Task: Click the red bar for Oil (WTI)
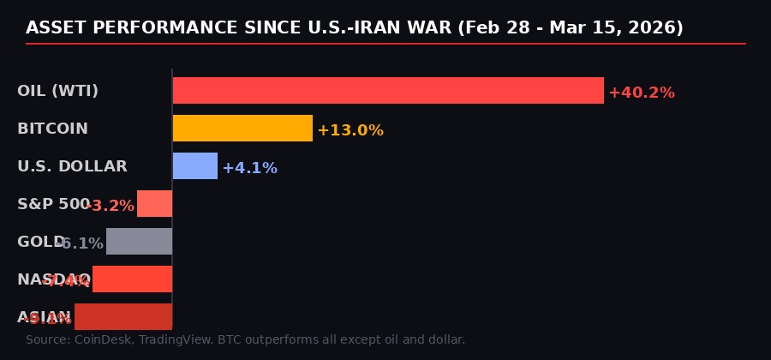[x=388, y=91]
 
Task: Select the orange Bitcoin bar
[x=242, y=129]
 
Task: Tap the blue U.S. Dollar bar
[x=195, y=166]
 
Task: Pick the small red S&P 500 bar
[x=155, y=204]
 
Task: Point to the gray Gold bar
[x=140, y=242]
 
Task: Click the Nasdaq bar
[x=133, y=279]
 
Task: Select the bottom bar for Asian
[x=123, y=316]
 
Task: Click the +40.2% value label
[x=641, y=93]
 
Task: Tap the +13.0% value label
[x=350, y=130]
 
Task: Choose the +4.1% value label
[x=249, y=168]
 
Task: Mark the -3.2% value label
[x=111, y=206]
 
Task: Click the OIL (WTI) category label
[x=57, y=91]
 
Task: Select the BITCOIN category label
[x=52, y=129]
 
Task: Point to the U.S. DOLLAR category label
[x=72, y=166]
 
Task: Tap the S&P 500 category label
[x=53, y=204]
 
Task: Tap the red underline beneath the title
[x=385, y=43]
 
